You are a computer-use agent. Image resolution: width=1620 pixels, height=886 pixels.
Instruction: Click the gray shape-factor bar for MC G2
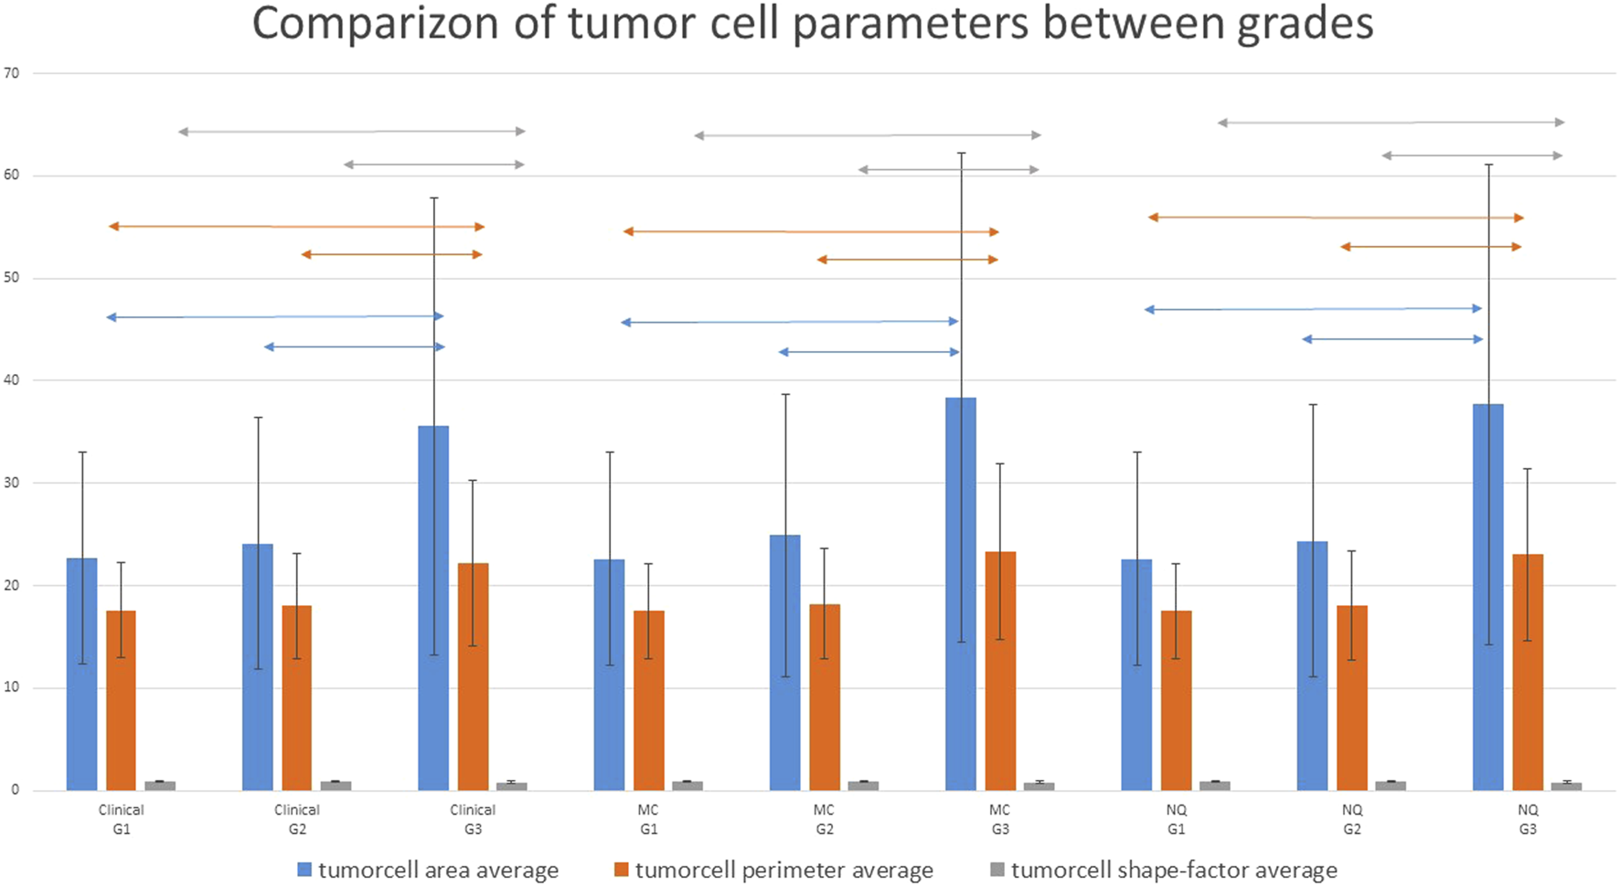863,785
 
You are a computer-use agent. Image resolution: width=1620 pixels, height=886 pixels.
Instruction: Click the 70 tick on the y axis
11,73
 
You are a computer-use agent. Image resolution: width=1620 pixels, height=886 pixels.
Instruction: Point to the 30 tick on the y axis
11,483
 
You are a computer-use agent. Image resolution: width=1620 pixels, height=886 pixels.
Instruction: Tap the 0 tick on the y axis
15,790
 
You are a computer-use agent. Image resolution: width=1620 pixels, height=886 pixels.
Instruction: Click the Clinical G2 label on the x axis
297,819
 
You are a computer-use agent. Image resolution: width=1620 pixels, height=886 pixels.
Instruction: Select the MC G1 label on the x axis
648,819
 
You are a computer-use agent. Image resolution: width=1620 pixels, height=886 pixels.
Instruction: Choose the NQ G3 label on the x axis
1528,819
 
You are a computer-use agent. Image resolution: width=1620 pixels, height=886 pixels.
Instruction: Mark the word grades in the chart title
1305,25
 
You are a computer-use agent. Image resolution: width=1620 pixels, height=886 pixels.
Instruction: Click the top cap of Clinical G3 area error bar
434,197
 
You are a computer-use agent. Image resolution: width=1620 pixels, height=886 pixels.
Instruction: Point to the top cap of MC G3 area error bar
961,154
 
